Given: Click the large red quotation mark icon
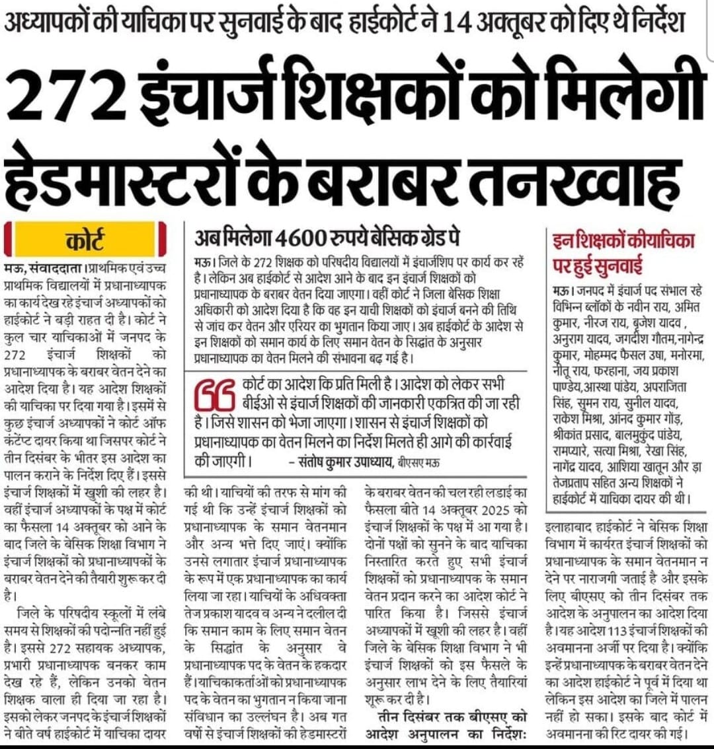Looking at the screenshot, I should click(216, 395).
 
